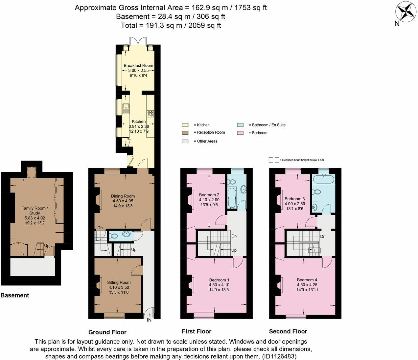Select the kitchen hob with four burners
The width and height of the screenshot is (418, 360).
click(151, 114)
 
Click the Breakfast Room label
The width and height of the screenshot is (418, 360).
click(138, 65)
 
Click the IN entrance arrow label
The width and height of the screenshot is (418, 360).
click(149, 320)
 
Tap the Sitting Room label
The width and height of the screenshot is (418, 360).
click(119, 282)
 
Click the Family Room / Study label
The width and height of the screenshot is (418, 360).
click(35, 210)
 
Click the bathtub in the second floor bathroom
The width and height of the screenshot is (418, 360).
click(323, 179)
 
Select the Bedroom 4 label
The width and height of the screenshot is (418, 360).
click(307, 280)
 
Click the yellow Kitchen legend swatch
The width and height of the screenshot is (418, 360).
click(185, 125)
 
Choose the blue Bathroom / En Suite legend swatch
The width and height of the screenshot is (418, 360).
click(240, 125)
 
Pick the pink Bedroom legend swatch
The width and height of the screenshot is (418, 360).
click(240, 133)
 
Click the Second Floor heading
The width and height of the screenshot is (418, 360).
click(288, 331)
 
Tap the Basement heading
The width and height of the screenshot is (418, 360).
click(15, 295)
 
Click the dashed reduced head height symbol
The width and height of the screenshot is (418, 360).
click(273, 160)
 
